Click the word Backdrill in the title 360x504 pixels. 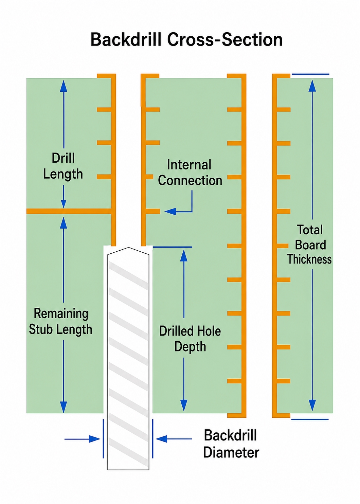point(126,39)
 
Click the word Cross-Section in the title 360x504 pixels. point(225,39)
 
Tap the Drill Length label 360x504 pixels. point(63,166)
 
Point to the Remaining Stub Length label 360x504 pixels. point(60,322)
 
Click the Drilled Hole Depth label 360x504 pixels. point(190,339)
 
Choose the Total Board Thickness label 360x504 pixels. point(310,244)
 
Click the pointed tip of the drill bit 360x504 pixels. point(128,248)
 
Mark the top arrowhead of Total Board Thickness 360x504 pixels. point(312,86)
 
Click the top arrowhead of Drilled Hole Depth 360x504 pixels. point(184,256)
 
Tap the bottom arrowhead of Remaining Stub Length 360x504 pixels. point(64,407)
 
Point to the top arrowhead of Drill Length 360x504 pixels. point(64,86)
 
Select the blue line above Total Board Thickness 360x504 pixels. point(310,74)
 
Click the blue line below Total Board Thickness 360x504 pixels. point(310,419)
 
